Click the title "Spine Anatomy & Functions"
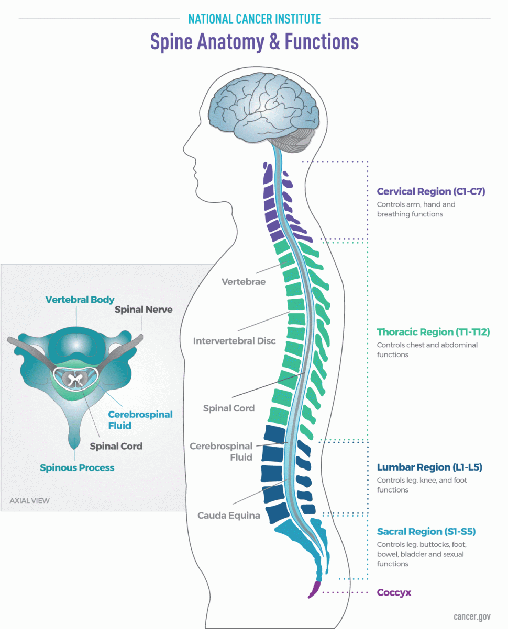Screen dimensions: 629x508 (254, 42)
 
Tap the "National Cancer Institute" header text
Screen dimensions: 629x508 (254, 19)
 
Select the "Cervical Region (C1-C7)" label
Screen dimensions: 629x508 (431, 192)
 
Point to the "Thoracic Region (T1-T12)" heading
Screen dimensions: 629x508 (433, 332)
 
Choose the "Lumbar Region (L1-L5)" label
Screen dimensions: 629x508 (429, 467)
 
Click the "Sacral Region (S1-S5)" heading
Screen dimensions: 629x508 (426, 532)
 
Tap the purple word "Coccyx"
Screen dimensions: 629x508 (394, 593)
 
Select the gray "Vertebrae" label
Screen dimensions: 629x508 (244, 282)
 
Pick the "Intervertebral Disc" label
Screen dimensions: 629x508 (234, 341)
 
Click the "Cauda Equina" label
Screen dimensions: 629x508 (228, 516)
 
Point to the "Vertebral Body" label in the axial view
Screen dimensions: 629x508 (80, 300)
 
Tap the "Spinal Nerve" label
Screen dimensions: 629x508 (143, 310)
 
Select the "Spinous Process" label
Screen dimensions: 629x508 (77, 467)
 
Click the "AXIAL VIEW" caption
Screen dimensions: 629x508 (30, 500)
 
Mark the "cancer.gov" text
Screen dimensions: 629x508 (472, 616)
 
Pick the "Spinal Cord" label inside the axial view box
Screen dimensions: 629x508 (116, 446)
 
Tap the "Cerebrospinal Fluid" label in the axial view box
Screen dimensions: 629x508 (140, 420)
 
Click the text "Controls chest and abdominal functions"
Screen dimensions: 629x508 (427, 350)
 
